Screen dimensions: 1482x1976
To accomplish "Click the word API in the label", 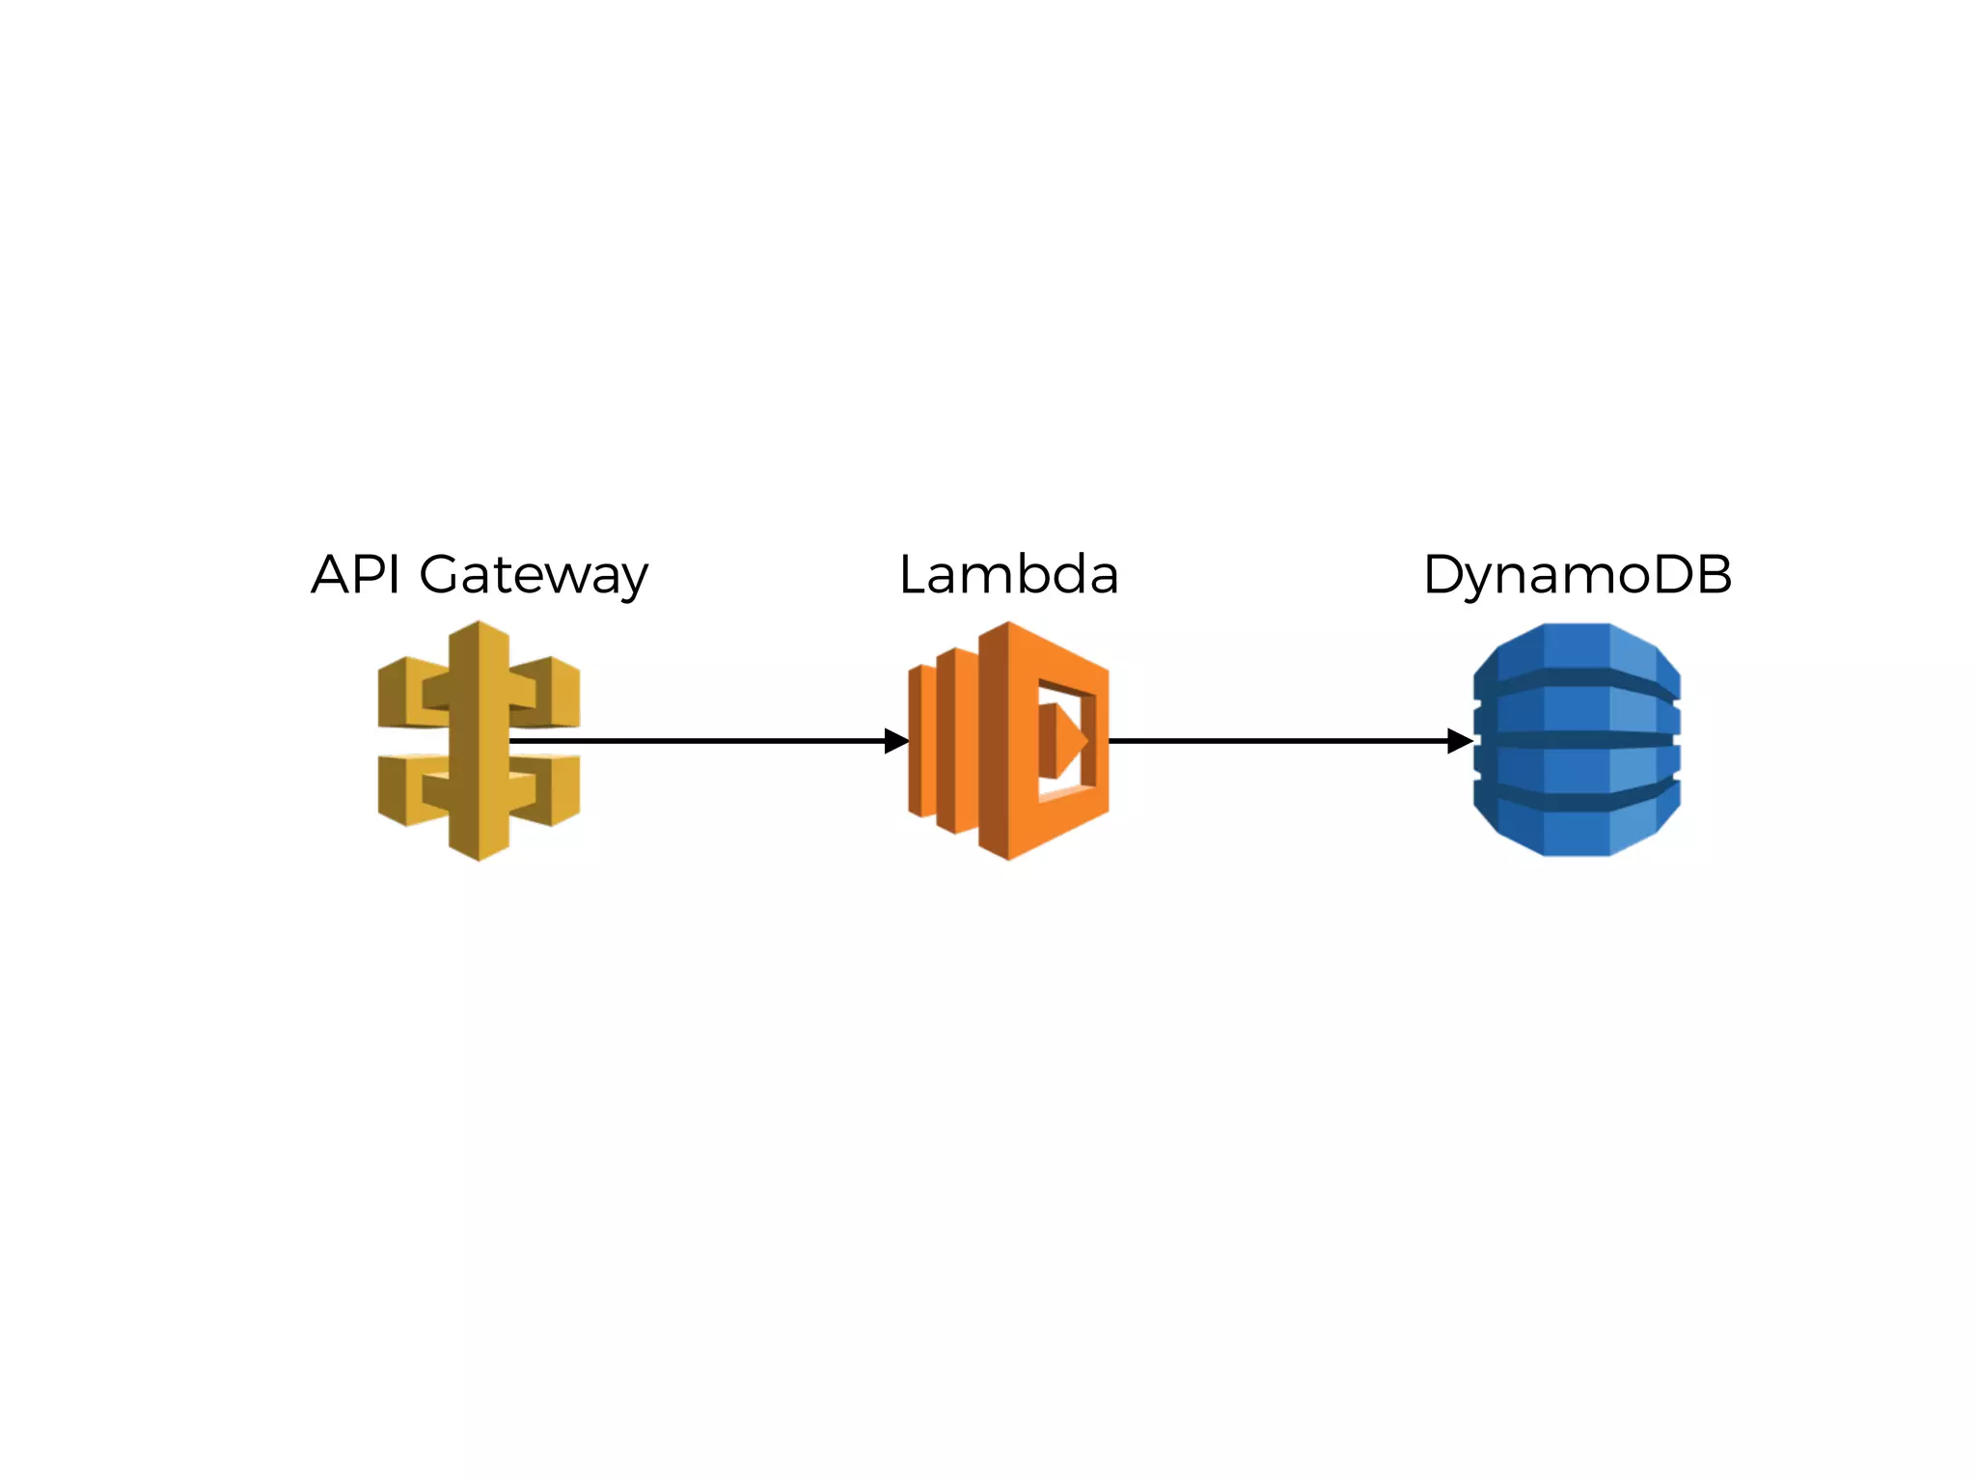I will pos(355,575).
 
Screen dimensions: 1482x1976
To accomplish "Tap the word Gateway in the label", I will pos(533,577).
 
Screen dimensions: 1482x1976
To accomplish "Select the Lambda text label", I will pos(1008,575).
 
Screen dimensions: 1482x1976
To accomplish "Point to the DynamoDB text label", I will pos(1577,576).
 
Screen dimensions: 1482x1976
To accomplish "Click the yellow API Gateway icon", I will pos(479,741).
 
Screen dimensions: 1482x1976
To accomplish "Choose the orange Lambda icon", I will pos(1008,741).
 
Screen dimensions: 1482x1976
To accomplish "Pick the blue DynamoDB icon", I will pos(1577,740).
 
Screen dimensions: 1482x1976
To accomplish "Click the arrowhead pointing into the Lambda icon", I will pos(896,741).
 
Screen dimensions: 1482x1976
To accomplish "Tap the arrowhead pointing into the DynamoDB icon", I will pos(1460,741).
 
